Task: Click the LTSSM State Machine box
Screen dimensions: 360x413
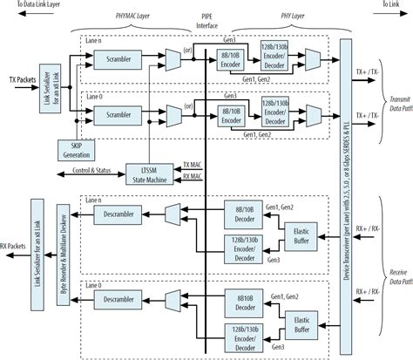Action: (136, 170)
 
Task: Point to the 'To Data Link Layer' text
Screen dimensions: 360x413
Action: (35, 5)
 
